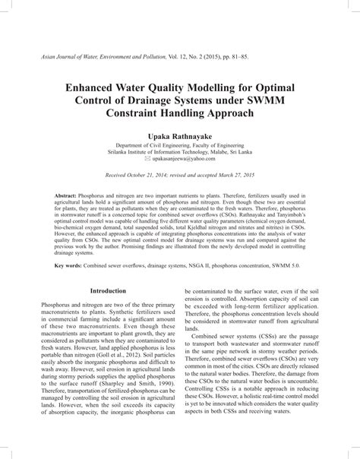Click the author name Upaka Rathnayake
click(x=180, y=135)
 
